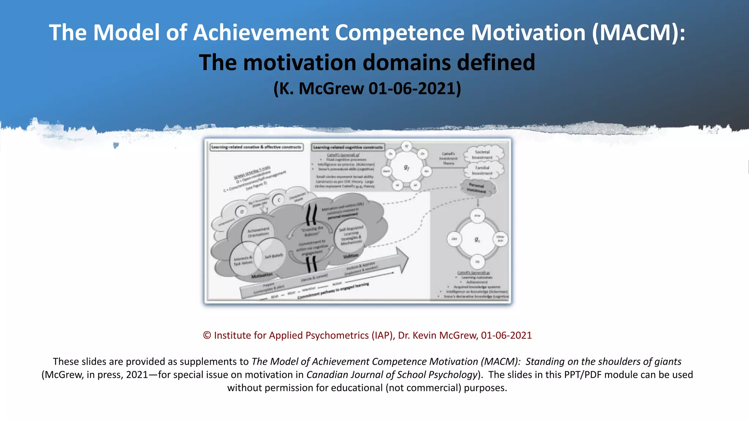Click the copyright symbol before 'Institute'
pos(207,335)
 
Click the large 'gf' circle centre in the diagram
pos(406,167)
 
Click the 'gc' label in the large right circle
pos(477,239)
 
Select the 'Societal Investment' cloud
pos(483,155)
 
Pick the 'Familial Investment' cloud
pos(483,170)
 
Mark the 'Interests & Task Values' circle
pos(243,261)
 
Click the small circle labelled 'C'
pos(279,200)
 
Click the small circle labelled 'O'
pos(241,212)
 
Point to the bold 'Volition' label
pos(351,256)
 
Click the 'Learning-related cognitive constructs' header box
pos(348,147)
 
